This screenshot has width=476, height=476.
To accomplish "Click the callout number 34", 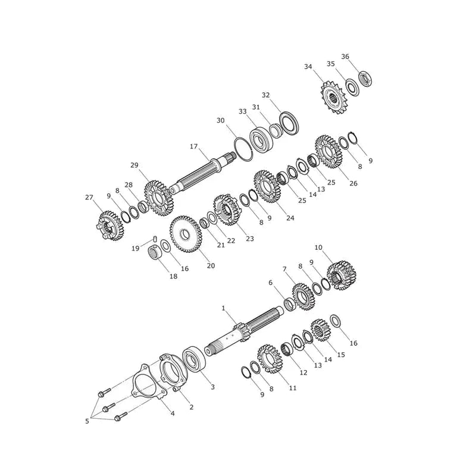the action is pos(308,67).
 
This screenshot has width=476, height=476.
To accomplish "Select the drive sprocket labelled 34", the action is pos(334,98).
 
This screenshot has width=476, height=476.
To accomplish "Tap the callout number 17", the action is pos(194,146).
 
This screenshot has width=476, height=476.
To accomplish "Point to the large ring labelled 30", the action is pos(243,149).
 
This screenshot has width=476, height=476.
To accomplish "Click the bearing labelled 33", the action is pos(262,140).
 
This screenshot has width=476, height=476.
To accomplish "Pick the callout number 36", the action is pos(345,57).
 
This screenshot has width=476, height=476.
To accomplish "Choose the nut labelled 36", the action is pos(365,79).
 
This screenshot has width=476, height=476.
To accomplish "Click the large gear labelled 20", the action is pos(184,234).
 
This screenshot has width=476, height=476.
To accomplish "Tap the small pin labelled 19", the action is pos(155,239).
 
